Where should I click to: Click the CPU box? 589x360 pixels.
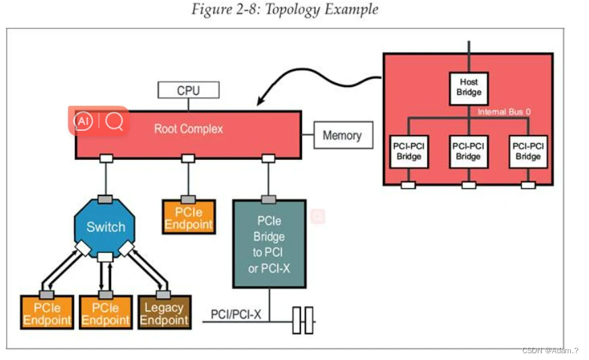(188, 90)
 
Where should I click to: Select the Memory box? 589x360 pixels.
(342, 136)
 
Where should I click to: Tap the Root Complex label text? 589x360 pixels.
(188, 129)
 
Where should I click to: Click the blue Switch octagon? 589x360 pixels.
(105, 227)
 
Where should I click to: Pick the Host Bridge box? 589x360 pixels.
(468, 87)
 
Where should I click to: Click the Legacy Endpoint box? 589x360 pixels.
(164, 313)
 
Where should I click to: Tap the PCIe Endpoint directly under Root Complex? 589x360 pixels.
(189, 218)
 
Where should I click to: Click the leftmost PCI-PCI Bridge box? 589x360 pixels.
(408, 152)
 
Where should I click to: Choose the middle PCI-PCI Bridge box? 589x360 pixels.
(468, 152)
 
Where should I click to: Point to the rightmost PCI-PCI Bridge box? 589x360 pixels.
(528, 152)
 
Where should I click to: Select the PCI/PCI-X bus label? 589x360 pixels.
(236, 314)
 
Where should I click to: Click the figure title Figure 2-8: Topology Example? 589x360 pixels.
(284, 9)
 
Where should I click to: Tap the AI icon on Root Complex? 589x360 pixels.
(83, 121)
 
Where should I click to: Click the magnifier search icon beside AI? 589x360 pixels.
(114, 121)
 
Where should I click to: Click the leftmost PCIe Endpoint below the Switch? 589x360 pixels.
(46, 313)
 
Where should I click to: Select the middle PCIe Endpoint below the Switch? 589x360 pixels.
(105, 313)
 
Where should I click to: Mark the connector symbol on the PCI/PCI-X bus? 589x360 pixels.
(303, 320)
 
